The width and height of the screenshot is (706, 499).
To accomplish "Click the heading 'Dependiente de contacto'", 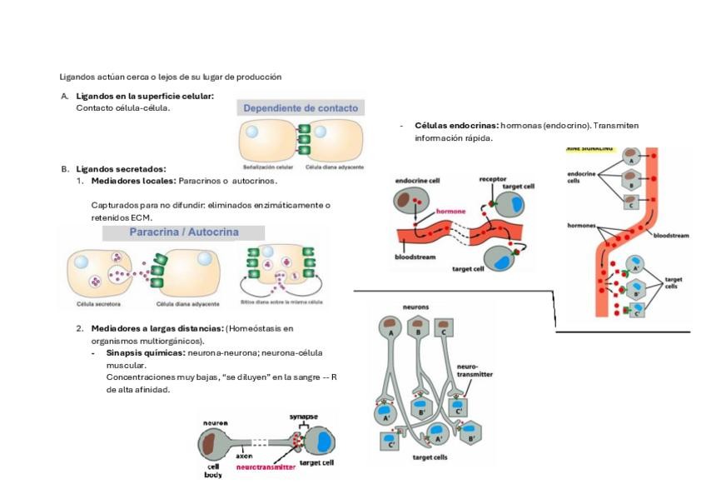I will (301, 108).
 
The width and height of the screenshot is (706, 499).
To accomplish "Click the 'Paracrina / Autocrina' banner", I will (183, 232).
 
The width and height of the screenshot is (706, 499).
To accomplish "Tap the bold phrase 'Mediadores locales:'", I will (133, 181).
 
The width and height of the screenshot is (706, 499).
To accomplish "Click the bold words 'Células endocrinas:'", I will (456, 126).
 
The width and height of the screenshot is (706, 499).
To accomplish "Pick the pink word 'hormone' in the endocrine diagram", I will (451, 212).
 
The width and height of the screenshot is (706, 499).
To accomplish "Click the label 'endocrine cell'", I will (418, 180).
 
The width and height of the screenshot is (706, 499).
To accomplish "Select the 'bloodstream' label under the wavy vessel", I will (415, 257).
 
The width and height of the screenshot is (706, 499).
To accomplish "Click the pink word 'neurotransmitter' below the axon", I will (266, 467).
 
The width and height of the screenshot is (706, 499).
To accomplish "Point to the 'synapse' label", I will (303, 416).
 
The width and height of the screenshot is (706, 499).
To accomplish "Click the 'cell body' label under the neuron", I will (213, 471).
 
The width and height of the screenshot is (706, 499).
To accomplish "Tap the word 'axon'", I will (244, 457).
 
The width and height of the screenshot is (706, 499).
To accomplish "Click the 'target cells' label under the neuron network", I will (430, 457).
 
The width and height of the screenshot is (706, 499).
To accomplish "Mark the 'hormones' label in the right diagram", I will (582, 226).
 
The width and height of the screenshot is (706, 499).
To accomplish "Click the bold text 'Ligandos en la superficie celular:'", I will (145, 96).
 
